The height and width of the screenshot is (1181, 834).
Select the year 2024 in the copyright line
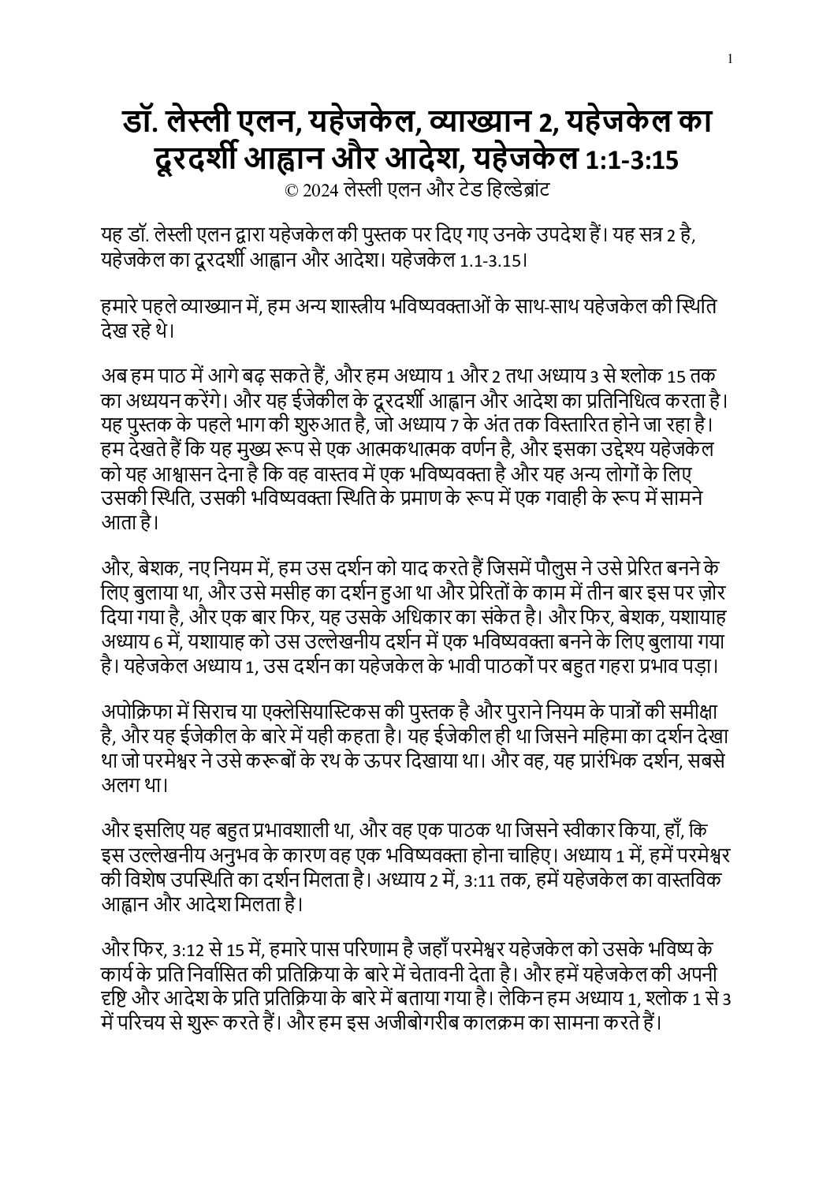pyautogui.click(x=318, y=191)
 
